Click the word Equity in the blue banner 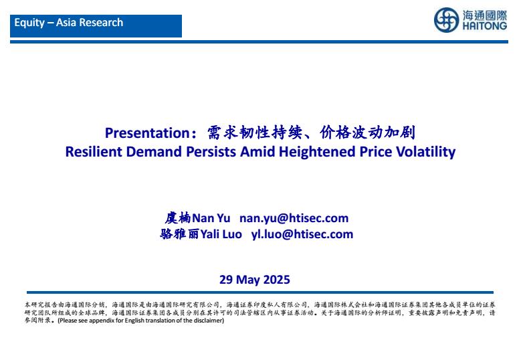(29, 23)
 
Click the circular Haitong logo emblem (446, 20)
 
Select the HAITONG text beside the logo (485, 26)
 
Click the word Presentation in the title (147, 133)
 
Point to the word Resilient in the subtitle (94, 152)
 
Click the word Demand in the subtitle (154, 152)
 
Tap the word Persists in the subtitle (211, 152)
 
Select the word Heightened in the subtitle (317, 153)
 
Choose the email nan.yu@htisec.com (294, 218)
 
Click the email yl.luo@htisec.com (302, 234)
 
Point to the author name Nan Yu (211, 218)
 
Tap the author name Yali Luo (221, 234)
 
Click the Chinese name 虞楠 (178, 218)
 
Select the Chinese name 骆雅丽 (179, 234)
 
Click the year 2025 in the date (276, 280)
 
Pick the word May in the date (247, 280)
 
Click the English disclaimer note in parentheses (141, 321)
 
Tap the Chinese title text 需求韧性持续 (255, 133)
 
